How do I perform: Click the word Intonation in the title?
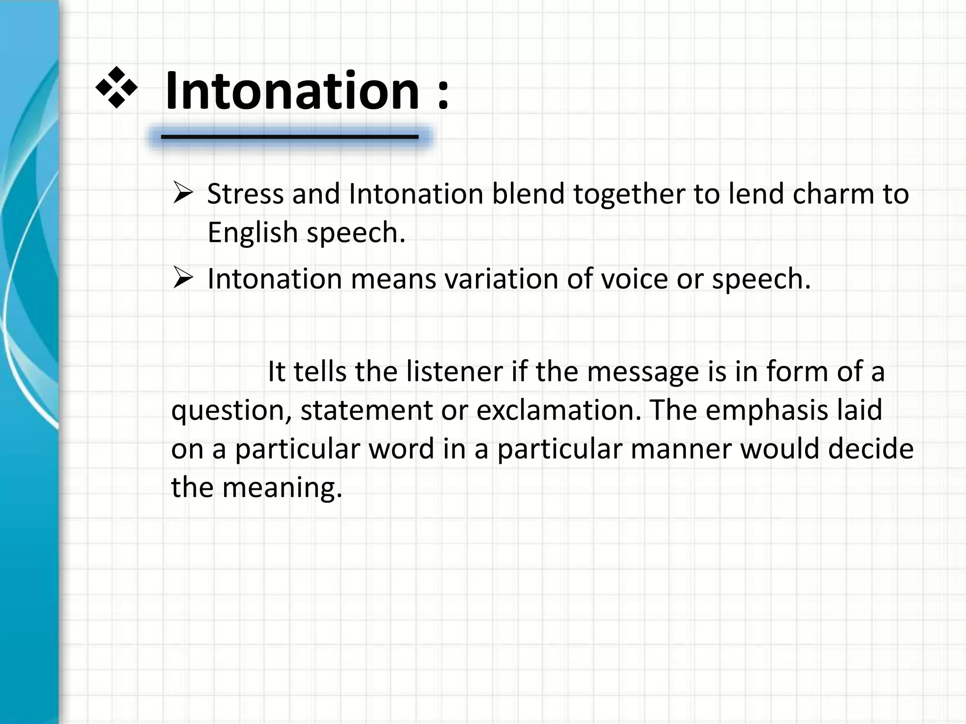pos(292,90)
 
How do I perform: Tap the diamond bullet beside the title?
pos(116,88)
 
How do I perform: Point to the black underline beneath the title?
pos(290,137)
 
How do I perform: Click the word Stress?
pos(245,194)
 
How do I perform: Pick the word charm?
pos(833,194)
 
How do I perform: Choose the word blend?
pos(528,194)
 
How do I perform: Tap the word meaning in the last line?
pos(282,488)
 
